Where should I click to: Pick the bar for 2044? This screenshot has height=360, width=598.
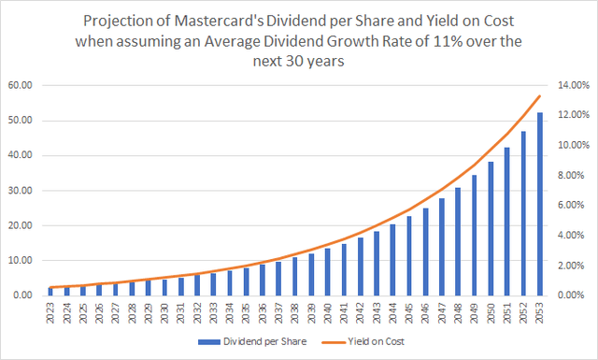[x=392, y=260]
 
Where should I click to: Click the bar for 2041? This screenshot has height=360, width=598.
[x=344, y=269]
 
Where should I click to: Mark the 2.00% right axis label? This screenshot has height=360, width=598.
[x=571, y=266]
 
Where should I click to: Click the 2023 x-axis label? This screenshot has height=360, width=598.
[x=51, y=312]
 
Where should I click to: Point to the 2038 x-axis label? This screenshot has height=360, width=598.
[x=295, y=312]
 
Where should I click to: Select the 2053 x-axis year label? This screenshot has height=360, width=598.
[x=540, y=312]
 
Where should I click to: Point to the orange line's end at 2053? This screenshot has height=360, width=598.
[x=540, y=96]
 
